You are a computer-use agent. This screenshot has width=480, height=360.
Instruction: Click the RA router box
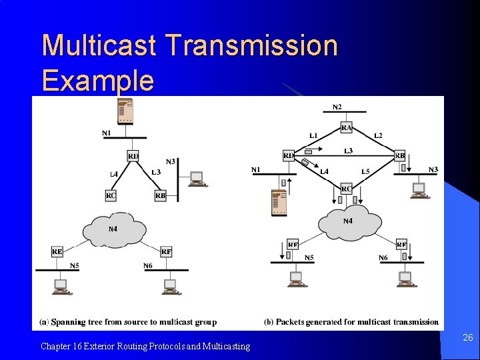[x=347, y=127]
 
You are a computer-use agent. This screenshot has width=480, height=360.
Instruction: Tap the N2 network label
[x=337, y=107]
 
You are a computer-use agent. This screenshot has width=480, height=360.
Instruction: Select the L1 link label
[x=313, y=135]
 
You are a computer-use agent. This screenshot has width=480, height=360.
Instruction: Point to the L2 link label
[x=378, y=135]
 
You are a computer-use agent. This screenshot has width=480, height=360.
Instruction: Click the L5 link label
[x=365, y=172]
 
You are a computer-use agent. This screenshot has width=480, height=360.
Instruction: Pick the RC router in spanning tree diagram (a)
[x=111, y=195]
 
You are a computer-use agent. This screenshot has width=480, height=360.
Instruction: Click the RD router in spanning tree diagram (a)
[x=133, y=156]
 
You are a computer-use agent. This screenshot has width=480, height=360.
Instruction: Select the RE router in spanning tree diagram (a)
[x=57, y=251]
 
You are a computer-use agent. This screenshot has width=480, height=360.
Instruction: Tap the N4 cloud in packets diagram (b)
[x=347, y=222]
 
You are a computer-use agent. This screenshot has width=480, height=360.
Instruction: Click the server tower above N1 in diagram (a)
[x=125, y=111]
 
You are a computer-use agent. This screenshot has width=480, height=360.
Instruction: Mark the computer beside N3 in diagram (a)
[x=197, y=179]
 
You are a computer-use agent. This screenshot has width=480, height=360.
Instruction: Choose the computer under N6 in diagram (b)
[x=405, y=279]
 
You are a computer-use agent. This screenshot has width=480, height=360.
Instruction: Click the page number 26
[x=468, y=338]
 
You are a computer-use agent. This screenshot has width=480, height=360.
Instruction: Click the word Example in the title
[x=97, y=80]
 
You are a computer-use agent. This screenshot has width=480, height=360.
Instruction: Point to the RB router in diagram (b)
[x=400, y=156]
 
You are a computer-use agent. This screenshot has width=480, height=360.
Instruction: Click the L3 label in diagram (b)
[x=348, y=151]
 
